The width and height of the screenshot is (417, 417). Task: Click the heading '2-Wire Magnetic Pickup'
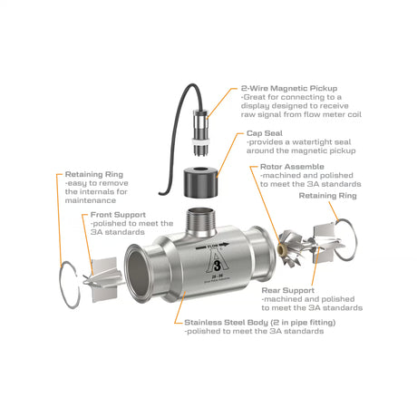point(289,88)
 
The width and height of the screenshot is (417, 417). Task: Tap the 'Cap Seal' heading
point(265,133)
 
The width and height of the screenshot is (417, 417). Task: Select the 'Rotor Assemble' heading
point(292,167)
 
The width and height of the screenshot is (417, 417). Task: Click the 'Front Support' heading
point(118,215)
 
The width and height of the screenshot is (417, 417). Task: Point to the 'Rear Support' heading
point(287,290)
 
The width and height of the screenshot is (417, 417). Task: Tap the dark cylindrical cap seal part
point(201,182)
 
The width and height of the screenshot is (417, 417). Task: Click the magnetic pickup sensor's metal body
point(200,124)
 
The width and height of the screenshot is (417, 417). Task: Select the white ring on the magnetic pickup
point(201,141)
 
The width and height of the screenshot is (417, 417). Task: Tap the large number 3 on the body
point(218,265)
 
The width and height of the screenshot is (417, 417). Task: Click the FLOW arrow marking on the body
point(212,246)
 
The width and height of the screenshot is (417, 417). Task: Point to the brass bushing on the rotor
point(282,249)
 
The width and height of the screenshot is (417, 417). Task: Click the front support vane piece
point(103,279)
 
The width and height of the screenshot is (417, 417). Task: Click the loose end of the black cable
point(160,193)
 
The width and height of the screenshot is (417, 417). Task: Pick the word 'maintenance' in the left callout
point(91,200)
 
